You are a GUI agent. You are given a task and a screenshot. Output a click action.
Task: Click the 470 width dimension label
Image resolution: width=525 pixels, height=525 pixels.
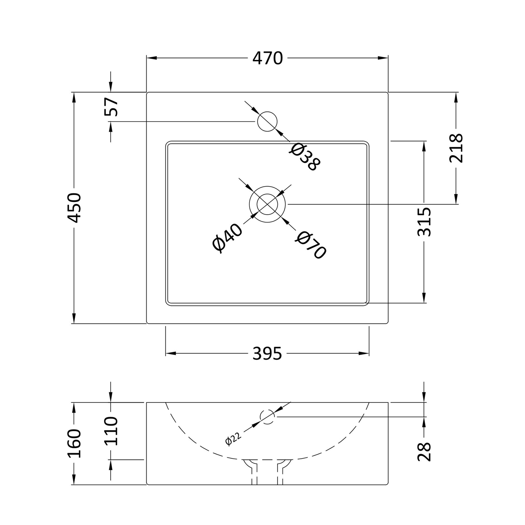(x=267, y=58)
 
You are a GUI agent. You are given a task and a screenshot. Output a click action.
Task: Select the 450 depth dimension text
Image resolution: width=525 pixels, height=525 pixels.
(x=75, y=208)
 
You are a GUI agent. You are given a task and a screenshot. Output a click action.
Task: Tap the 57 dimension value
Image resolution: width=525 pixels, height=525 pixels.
(x=111, y=107)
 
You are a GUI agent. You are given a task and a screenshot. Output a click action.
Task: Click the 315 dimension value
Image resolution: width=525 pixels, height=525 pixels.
(x=424, y=222)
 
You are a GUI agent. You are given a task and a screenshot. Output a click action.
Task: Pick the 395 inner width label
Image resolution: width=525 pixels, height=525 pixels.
(x=267, y=354)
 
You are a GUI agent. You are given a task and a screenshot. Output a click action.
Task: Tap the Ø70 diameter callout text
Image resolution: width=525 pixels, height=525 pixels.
(x=310, y=245)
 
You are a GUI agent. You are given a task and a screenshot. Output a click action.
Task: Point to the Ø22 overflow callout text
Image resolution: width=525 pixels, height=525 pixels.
(x=233, y=439)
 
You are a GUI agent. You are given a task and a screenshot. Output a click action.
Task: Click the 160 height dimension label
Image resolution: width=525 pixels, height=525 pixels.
(x=75, y=443)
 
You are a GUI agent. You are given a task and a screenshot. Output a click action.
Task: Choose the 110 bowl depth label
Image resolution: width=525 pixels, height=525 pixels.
(x=111, y=430)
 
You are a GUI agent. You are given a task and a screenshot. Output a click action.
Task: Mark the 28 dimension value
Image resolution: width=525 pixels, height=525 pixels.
(x=424, y=451)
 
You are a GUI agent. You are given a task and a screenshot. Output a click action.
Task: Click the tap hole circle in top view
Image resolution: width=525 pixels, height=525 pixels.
(x=267, y=121)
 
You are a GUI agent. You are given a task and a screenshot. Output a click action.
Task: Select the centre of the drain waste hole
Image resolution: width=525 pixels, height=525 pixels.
(x=267, y=204)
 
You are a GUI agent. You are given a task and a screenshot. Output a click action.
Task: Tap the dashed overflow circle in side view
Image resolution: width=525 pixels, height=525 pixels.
(x=268, y=416)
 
